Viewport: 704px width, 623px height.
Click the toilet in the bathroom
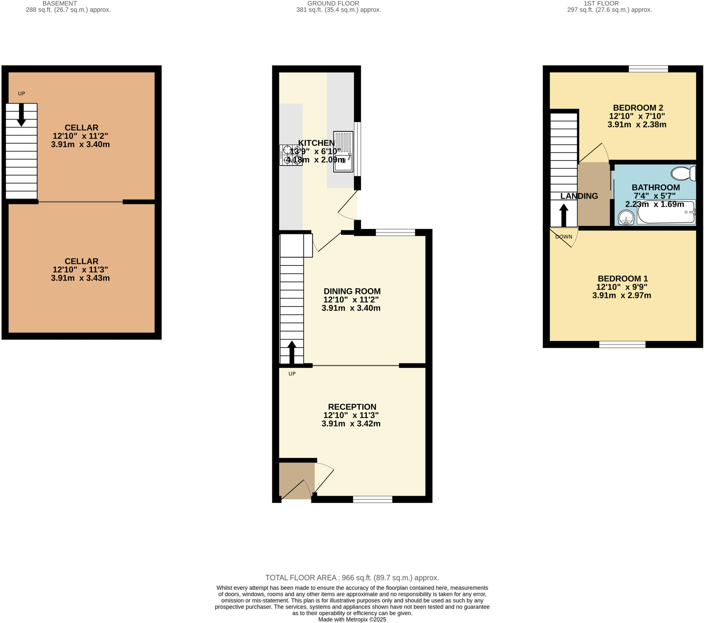(x=683, y=173)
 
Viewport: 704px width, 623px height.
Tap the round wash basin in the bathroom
(x=626, y=217)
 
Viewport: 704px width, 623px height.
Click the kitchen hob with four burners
(x=291, y=155)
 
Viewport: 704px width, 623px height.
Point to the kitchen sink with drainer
(x=343, y=151)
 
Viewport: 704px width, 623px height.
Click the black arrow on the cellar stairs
(x=21, y=115)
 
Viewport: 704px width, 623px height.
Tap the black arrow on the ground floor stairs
(x=292, y=352)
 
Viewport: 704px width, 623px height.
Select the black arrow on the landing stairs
(x=563, y=215)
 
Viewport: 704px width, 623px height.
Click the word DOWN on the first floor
(x=563, y=237)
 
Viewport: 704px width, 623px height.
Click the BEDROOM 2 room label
(x=638, y=108)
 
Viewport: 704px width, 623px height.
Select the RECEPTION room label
(x=352, y=407)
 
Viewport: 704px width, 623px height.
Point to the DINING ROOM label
(x=352, y=291)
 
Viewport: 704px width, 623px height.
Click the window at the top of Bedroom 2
(x=648, y=69)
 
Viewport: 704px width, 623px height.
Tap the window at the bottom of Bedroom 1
(x=622, y=344)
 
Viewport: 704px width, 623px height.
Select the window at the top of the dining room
(x=395, y=233)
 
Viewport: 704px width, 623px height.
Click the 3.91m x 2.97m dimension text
(x=621, y=295)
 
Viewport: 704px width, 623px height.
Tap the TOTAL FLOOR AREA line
(x=352, y=578)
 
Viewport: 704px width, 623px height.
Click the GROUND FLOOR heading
(x=333, y=3)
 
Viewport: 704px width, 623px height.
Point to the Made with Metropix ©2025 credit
(x=352, y=620)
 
